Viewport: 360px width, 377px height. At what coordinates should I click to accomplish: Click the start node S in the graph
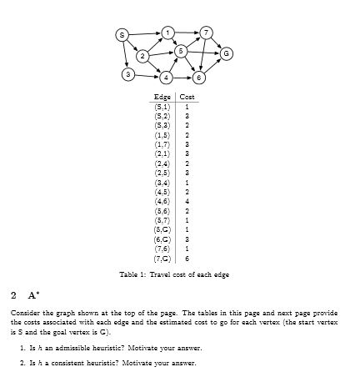(x=122, y=35)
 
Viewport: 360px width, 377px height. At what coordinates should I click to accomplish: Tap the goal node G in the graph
(x=225, y=54)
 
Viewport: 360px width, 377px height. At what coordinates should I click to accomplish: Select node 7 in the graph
(x=207, y=33)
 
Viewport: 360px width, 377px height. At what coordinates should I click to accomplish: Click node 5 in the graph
(x=179, y=51)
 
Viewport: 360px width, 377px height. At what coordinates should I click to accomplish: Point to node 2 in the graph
(x=142, y=56)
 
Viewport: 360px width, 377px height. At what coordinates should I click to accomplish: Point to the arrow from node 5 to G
(x=202, y=53)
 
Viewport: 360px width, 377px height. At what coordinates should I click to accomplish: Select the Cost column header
(x=187, y=98)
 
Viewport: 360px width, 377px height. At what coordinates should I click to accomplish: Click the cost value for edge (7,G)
(x=188, y=260)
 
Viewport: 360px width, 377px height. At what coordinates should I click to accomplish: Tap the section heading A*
(x=33, y=295)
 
